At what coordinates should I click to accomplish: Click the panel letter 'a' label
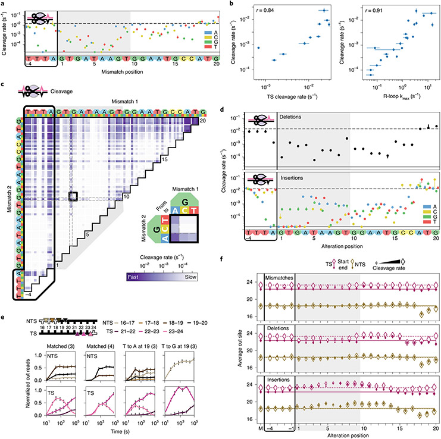pos(3,4)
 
